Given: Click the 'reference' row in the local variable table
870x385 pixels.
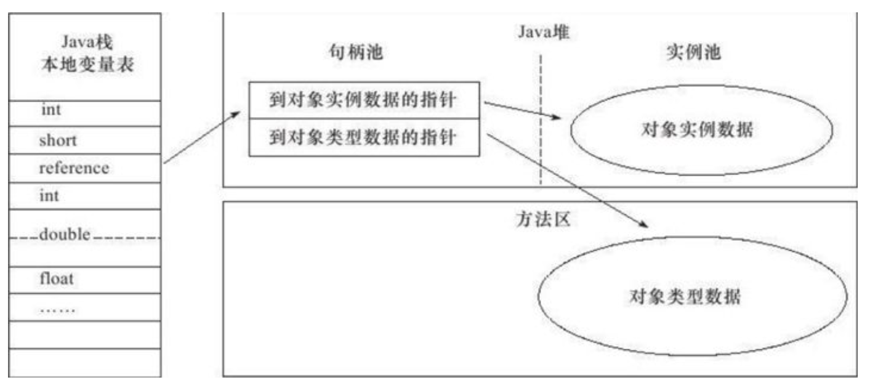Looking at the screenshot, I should click(73, 168).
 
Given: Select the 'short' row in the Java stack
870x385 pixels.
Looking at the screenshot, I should click(58, 140).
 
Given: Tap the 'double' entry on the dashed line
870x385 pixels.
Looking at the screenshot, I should click(65, 235).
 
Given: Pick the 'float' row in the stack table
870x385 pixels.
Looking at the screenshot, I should click(56, 278).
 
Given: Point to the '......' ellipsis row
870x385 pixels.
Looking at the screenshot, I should click(57, 308).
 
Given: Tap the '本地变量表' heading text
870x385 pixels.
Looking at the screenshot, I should click(85, 65).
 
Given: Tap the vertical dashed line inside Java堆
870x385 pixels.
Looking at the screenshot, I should click(541, 123).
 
